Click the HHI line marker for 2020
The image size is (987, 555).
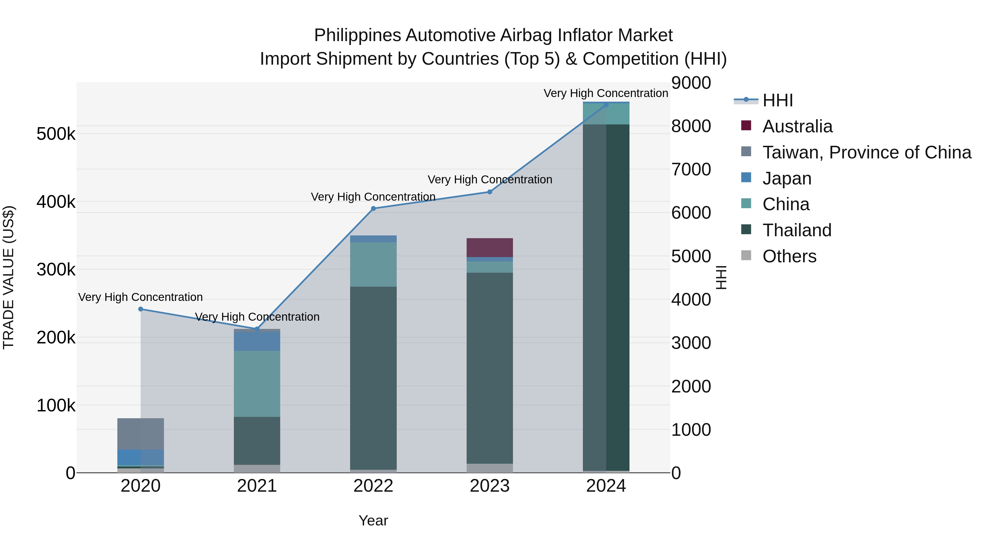point(141,309)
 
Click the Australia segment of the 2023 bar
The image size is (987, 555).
point(490,248)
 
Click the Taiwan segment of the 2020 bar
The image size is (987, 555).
point(141,434)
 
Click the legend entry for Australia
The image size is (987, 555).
point(797,126)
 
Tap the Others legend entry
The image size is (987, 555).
point(789,256)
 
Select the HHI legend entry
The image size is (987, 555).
point(778,100)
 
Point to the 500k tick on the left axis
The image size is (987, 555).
point(56,134)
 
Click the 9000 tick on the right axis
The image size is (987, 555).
point(691,83)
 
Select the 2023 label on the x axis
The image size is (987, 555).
point(490,486)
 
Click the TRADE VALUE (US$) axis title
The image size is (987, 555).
point(8,277)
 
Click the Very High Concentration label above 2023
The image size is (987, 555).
point(490,180)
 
